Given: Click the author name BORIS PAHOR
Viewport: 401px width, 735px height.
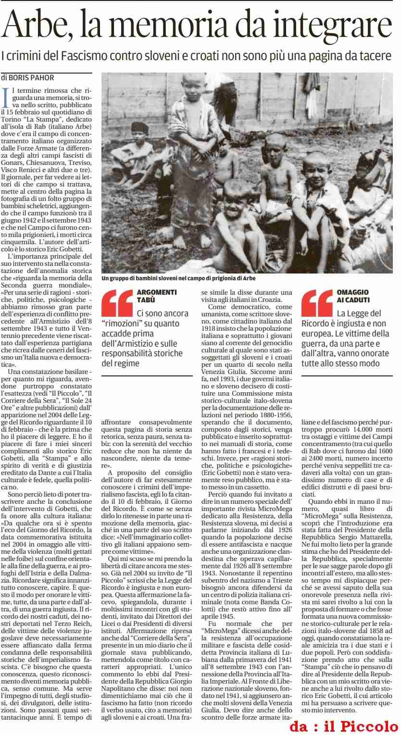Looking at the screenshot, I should (31, 78).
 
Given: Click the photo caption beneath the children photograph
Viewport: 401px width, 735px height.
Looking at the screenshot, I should (178, 278).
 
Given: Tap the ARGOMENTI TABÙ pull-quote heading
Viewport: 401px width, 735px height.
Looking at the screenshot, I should (157, 296).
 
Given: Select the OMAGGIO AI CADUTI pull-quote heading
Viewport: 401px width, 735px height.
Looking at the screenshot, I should (353, 296).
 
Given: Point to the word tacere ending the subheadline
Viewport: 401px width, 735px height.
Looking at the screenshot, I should (376, 56).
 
